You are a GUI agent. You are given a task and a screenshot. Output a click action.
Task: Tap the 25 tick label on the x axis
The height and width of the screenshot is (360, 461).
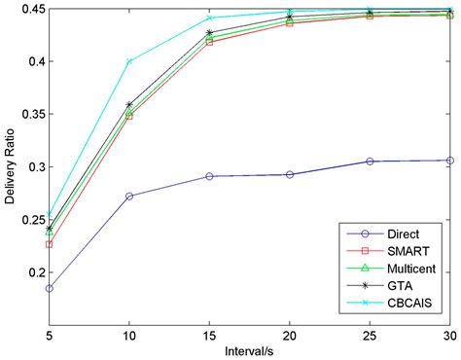click(x=369, y=332)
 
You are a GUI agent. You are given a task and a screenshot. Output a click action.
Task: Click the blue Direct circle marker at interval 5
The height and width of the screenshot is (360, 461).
click(x=50, y=288)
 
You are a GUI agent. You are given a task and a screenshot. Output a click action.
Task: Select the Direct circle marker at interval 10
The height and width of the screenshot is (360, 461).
click(x=129, y=196)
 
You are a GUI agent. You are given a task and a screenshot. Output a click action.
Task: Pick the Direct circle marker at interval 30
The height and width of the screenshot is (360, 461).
click(x=448, y=161)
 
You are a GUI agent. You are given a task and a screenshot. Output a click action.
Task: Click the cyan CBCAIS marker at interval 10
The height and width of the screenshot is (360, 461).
click(x=129, y=61)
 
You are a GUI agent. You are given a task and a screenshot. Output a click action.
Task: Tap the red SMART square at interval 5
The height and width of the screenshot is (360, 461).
click(x=50, y=244)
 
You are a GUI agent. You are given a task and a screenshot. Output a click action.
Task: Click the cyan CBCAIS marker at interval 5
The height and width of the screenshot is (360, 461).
click(x=50, y=215)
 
